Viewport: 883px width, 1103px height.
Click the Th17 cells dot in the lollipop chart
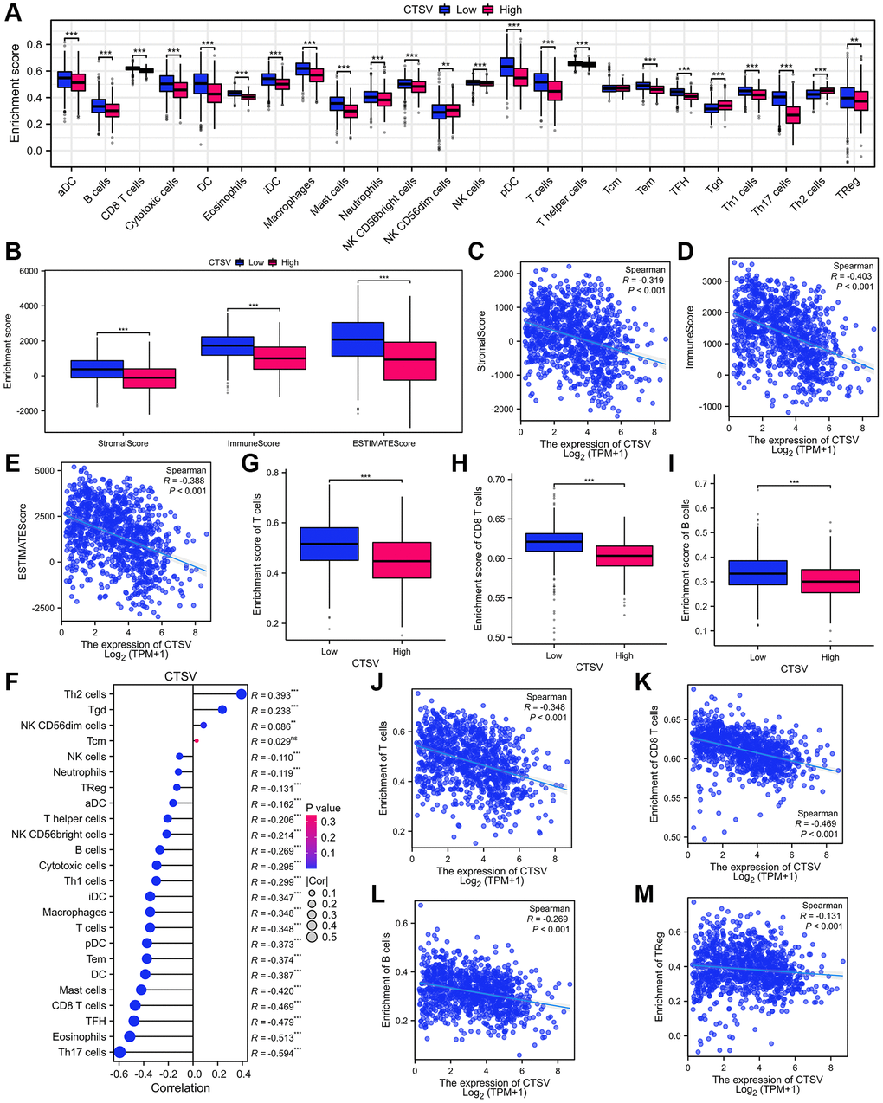tap(119, 1052)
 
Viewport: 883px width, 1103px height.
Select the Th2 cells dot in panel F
tap(242, 693)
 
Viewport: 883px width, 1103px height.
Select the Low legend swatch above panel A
tap(448, 10)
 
